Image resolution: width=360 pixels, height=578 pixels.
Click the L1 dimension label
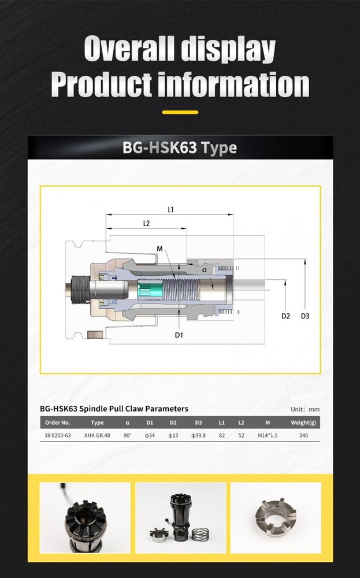click(170, 209)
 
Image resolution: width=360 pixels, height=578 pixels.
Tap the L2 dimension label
click(146, 223)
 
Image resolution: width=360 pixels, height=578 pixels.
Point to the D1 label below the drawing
click(179, 335)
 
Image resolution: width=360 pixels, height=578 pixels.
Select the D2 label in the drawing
click(285, 316)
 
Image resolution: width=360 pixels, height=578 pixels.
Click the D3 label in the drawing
click(305, 316)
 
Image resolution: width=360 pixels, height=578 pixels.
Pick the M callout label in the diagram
click(159, 249)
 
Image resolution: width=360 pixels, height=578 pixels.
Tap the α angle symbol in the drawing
click(205, 270)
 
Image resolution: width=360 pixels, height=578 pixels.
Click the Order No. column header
click(57, 423)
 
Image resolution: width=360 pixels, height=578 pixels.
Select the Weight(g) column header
click(303, 423)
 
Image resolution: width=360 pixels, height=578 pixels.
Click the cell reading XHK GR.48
click(97, 435)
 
